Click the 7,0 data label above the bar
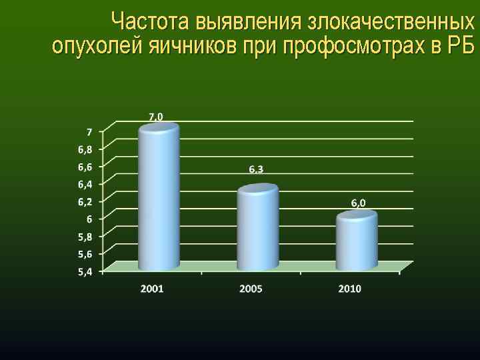point(155,116)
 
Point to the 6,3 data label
point(256,169)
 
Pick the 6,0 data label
point(358,203)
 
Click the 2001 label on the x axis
point(152,289)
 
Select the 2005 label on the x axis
point(251,289)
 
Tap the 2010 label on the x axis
point(349,289)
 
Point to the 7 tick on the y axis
point(89,131)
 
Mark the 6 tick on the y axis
point(89,219)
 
